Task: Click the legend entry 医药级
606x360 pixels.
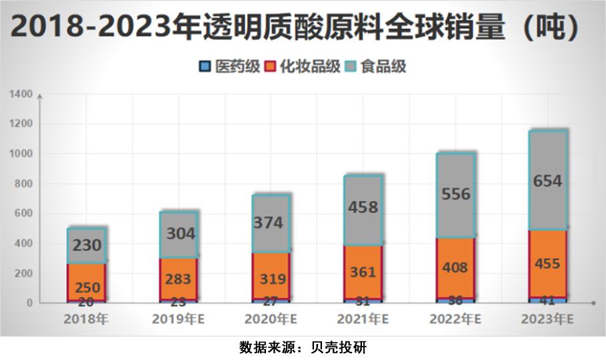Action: [227, 67]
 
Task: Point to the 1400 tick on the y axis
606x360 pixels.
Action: [21, 95]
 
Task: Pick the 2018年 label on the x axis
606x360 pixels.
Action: [86, 319]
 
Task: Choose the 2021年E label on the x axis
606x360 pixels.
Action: [363, 319]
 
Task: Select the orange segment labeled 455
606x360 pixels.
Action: [548, 264]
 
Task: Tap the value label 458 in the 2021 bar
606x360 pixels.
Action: [363, 207]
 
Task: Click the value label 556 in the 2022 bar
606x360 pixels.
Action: [456, 194]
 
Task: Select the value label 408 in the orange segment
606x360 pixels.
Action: [456, 268]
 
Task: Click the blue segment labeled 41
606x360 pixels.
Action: [548, 300]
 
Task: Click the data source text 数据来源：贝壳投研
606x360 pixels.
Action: [303, 347]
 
